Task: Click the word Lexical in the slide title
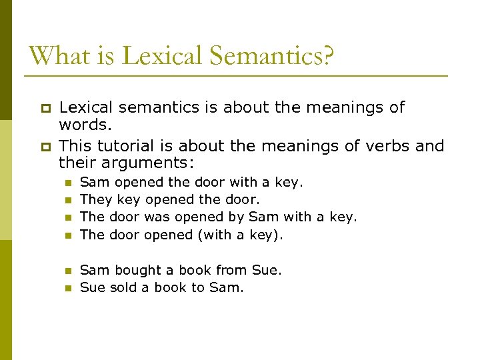pyautogui.click(x=150, y=55)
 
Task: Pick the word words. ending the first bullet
pyautogui.click(x=84, y=125)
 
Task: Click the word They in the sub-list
pyautogui.click(x=96, y=199)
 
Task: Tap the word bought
pyautogui.click(x=138, y=270)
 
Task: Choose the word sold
pyautogui.click(x=122, y=287)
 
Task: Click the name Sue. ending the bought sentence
pyautogui.click(x=267, y=270)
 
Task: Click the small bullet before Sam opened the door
pyautogui.click(x=67, y=183)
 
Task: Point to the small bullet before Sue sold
pyautogui.click(x=67, y=288)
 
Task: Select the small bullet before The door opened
pyautogui.click(x=67, y=235)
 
